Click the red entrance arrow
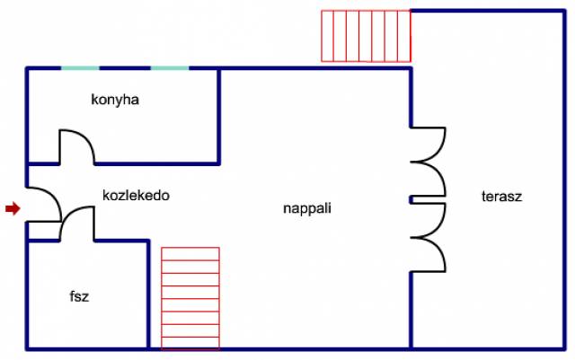click(13, 208)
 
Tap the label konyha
click(115, 100)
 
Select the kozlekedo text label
click(136, 196)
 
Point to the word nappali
click(307, 208)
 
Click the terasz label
click(501, 197)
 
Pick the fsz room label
click(79, 296)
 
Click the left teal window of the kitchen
click(80, 68)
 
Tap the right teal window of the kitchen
click(170, 68)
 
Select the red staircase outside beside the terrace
click(366, 36)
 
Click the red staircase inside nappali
click(190, 298)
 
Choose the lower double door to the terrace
click(438, 238)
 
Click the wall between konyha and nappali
click(219, 117)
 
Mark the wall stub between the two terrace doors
click(411, 199)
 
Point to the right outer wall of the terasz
click(564, 180)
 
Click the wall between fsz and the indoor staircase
click(148, 294)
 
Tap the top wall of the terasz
click(488, 12)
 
